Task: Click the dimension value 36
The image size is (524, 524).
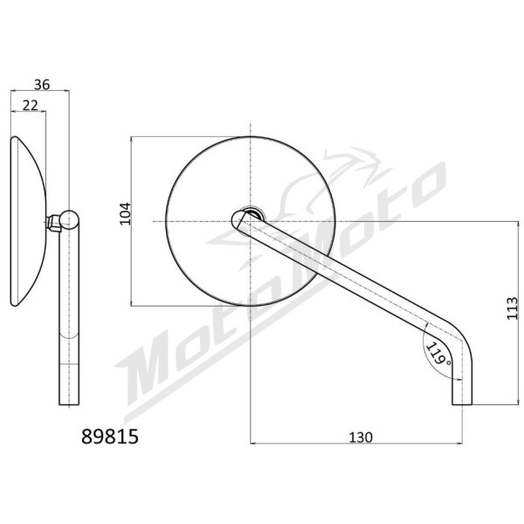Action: point(42,85)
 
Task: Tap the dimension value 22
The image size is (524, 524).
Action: point(31,106)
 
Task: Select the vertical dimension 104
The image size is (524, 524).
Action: point(125,214)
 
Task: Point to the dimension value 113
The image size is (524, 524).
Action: point(512,307)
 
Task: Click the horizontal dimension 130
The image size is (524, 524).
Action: point(361,438)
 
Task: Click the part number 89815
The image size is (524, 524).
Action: point(110,437)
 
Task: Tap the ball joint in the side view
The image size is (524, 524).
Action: point(70,219)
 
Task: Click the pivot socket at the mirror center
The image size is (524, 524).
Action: point(252,213)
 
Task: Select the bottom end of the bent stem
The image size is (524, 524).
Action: point(462,404)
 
